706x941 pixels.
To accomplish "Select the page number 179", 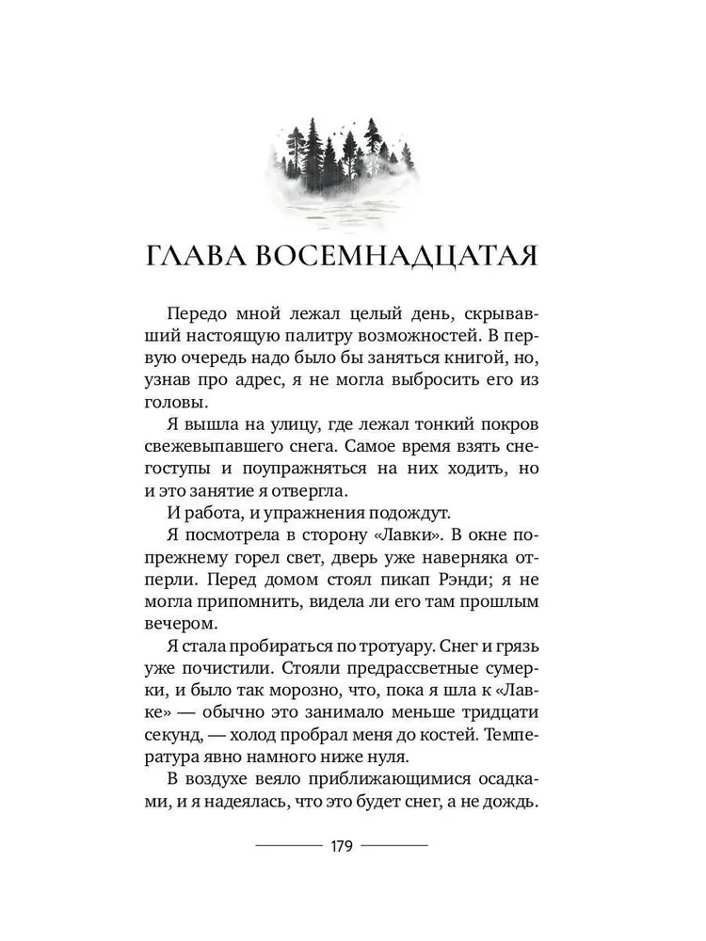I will click(x=341, y=845).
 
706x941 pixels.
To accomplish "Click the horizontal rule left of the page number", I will click(x=288, y=846).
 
